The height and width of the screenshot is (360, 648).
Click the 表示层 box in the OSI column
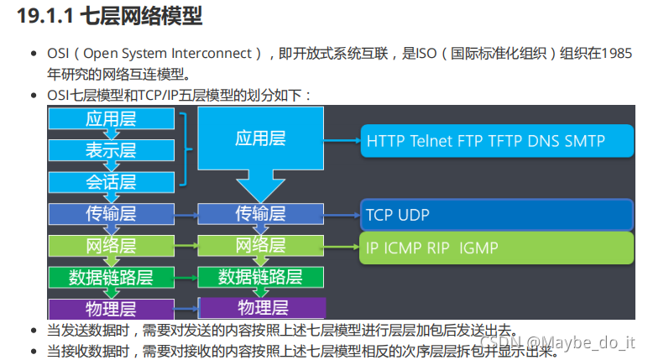click(x=110, y=150)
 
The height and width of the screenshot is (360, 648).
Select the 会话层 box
click(x=110, y=182)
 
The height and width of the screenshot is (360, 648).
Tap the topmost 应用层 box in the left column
click(x=110, y=119)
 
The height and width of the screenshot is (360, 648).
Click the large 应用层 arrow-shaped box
click(x=261, y=143)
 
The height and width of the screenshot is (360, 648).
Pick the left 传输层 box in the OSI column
click(x=110, y=214)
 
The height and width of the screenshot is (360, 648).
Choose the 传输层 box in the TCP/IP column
click(x=261, y=214)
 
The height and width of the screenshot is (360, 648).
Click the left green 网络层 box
click(x=110, y=245)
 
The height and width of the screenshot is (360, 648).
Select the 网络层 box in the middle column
click(x=261, y=245)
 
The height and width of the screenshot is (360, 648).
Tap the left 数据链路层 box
click(x=110, y=276)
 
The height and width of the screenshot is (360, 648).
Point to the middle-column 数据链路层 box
click(x=261, y=276)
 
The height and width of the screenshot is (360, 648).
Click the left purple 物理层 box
click(x=110, y=307)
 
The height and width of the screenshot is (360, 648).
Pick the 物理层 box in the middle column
click(x=261, y=307)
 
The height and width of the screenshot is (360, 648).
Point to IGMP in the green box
click(x=479, y=248)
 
